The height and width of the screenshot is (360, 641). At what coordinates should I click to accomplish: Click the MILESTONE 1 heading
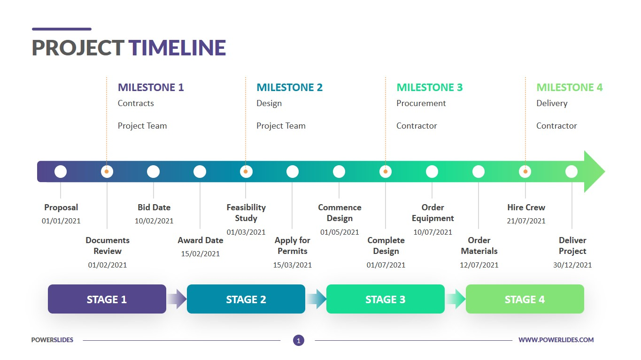click(x=151, y=87)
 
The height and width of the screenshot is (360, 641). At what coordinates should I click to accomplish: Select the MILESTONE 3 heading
click(x=429, y=87)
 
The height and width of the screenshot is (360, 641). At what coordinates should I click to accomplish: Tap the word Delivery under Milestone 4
click(x=552, y=103)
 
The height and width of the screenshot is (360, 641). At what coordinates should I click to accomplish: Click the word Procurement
click(x=421, y=103)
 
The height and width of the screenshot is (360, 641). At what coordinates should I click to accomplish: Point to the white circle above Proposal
click(x=61, y=172)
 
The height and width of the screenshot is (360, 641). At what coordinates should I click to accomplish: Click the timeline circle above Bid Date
click(x=154, y=172)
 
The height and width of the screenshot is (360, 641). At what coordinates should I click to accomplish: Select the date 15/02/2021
click(x=201, y=254)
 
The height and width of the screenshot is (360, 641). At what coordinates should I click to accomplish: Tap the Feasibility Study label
click(x=246, y=213)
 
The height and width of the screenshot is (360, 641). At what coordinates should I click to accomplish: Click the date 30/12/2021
click(x=572, y=265)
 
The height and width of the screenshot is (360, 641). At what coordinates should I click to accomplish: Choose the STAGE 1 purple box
click(x=107, y=299)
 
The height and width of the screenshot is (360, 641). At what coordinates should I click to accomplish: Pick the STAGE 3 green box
click(x=385, y=299)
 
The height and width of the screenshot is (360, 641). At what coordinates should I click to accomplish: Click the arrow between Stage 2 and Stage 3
click(x=316, y=299)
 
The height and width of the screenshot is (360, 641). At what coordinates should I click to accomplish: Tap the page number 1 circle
click(x=299, y=340)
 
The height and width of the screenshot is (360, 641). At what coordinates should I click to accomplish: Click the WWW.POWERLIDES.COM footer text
click(x=556, y=340)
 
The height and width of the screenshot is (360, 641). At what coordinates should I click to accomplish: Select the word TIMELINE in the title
click(x=178, y=48)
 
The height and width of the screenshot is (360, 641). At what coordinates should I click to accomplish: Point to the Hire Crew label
click(x=526, y=207)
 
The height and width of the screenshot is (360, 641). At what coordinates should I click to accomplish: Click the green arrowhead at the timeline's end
click(x=594, y=172)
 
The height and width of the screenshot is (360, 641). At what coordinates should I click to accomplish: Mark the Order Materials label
click(x=479, y=245)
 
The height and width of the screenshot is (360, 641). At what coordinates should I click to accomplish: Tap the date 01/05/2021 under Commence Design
click(x=340, y=232)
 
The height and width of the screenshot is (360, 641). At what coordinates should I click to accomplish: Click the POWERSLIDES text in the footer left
click(x=52, y=340)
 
